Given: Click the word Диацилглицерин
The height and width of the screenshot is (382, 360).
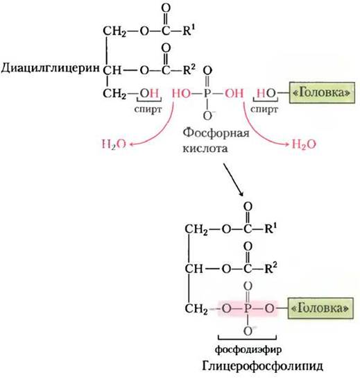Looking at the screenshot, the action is (x=51, y=69).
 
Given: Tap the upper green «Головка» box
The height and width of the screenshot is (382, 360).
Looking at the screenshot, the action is (x=322, y=92).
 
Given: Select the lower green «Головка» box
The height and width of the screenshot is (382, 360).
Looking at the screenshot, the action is (x=320, y=308).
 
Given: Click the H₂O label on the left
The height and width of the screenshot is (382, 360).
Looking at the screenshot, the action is (x=114, y=144).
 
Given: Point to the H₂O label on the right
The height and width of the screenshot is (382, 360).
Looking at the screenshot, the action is (x=304, y=144).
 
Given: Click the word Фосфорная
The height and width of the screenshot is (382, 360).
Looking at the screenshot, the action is (x=216, y=133).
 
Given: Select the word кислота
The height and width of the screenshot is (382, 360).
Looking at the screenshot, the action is (x=205, y=148).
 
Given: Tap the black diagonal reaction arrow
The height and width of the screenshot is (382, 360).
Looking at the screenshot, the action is (x=233, y=180).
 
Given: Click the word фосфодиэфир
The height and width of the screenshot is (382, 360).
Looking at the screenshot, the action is (x=248, y=349).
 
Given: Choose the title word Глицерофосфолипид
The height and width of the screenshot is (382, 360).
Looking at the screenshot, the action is (x=262, y=366).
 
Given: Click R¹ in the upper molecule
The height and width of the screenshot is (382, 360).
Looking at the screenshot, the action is (x=189, y=30).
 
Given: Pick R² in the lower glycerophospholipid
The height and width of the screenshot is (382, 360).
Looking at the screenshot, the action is (x=271, y=268).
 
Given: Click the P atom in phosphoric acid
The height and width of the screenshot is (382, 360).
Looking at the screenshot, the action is (x=207, y=93).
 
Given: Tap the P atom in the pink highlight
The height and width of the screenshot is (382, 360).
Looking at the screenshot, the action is (x=248, y=308).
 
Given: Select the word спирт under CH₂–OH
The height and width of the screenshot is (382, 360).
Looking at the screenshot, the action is (x=148, y=110).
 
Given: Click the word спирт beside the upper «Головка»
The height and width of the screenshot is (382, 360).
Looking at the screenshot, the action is (x=264, y=110).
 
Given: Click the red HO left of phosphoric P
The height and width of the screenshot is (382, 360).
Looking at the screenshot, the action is (x=182, y=93).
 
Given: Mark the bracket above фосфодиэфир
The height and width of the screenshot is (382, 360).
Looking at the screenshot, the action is (x=247, y=338).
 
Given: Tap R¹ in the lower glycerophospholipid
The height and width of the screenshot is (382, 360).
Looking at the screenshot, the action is (x=271, y=229).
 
